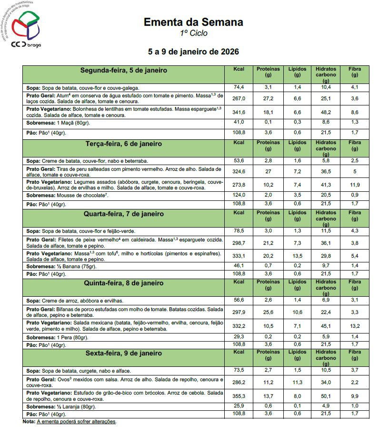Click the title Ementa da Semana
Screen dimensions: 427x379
point(193,22)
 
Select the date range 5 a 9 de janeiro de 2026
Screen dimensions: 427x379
point(193,52)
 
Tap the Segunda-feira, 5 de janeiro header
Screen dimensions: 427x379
point(123,70)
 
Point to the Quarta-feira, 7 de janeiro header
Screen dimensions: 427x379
point(123,214)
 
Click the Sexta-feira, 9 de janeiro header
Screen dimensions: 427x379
point(123,354)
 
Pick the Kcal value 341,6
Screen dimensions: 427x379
point(239,112)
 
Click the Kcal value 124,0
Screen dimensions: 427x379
point(239,195)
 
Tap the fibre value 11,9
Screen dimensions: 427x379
point(354,184)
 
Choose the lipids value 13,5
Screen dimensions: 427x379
point(298,255)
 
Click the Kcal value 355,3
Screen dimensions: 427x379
point(239,396)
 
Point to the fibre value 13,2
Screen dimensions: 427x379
point(354,326)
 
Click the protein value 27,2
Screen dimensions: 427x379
point(268,99)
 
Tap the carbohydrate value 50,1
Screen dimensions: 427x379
point(326,396)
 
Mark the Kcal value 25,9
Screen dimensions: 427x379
point(239,406)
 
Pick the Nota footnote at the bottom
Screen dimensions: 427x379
point(70,422)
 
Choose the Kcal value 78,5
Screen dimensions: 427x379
point(239,231)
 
